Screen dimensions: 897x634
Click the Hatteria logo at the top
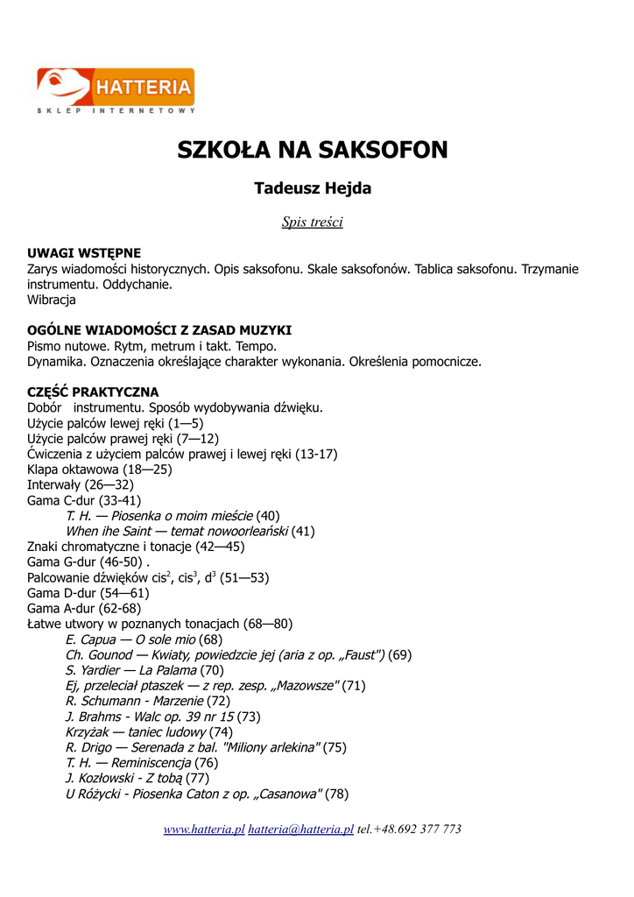(115, 91)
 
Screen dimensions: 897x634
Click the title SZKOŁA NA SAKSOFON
(313, 150)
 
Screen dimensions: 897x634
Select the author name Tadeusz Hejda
(313, 188)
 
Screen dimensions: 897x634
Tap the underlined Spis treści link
(312, 222)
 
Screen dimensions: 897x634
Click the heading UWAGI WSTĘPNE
(84, 253)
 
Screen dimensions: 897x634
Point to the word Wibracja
(52, 300)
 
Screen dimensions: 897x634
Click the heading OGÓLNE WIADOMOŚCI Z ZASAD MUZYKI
(159, 330)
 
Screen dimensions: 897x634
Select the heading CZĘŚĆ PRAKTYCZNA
(93, 392)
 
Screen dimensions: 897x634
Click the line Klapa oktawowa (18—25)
(100, 470)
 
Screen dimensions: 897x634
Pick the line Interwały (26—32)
(81, 484)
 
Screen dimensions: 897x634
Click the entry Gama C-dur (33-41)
(84, 500)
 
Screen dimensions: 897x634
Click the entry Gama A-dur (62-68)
(84, 608)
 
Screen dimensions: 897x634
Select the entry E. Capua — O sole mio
(144, 639)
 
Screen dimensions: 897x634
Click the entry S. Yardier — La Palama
(144, 670)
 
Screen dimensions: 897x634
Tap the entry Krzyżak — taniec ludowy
(149, 731)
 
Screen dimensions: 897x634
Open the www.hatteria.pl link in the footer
(204, 829)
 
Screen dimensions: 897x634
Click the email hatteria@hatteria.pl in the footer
(300, 829)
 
